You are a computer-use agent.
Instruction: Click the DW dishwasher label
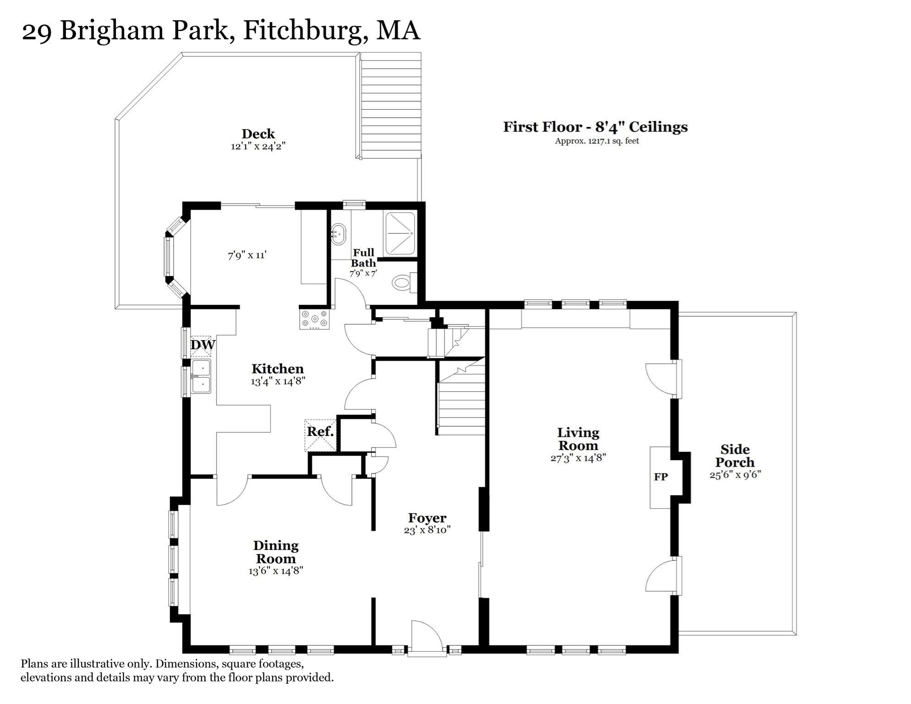pyautogui.click(x=202, y=345)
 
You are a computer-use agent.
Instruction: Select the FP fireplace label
pyautogui.click(x=661, y=477)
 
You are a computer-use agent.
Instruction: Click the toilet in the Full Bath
pyautogui.click(x=403, y=282)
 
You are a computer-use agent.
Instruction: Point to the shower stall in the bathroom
pyautogui.click(x=400, y=233)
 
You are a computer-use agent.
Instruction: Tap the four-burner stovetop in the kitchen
pyautogui.click(x=314, y=319)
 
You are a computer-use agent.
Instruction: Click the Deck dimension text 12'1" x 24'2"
pyautogui.click(x=258, y=147)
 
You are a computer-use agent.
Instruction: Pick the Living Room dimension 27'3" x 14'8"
pyautogui.click(x=578, y=458)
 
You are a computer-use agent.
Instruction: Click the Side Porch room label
pyautogui.click(x=735, y=456)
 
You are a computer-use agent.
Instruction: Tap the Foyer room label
pyautogui.click(x=427, y=518)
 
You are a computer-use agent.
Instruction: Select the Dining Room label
pyautogui.click(x=276, y=552)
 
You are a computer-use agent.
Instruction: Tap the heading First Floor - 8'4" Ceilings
pyautogui.click(x=595, y=127)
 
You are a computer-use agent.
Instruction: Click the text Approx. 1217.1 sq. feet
pyautogui.click(x=597, y=141)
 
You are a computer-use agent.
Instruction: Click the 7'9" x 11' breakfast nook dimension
pyautogui.click(x=247, y=255)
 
